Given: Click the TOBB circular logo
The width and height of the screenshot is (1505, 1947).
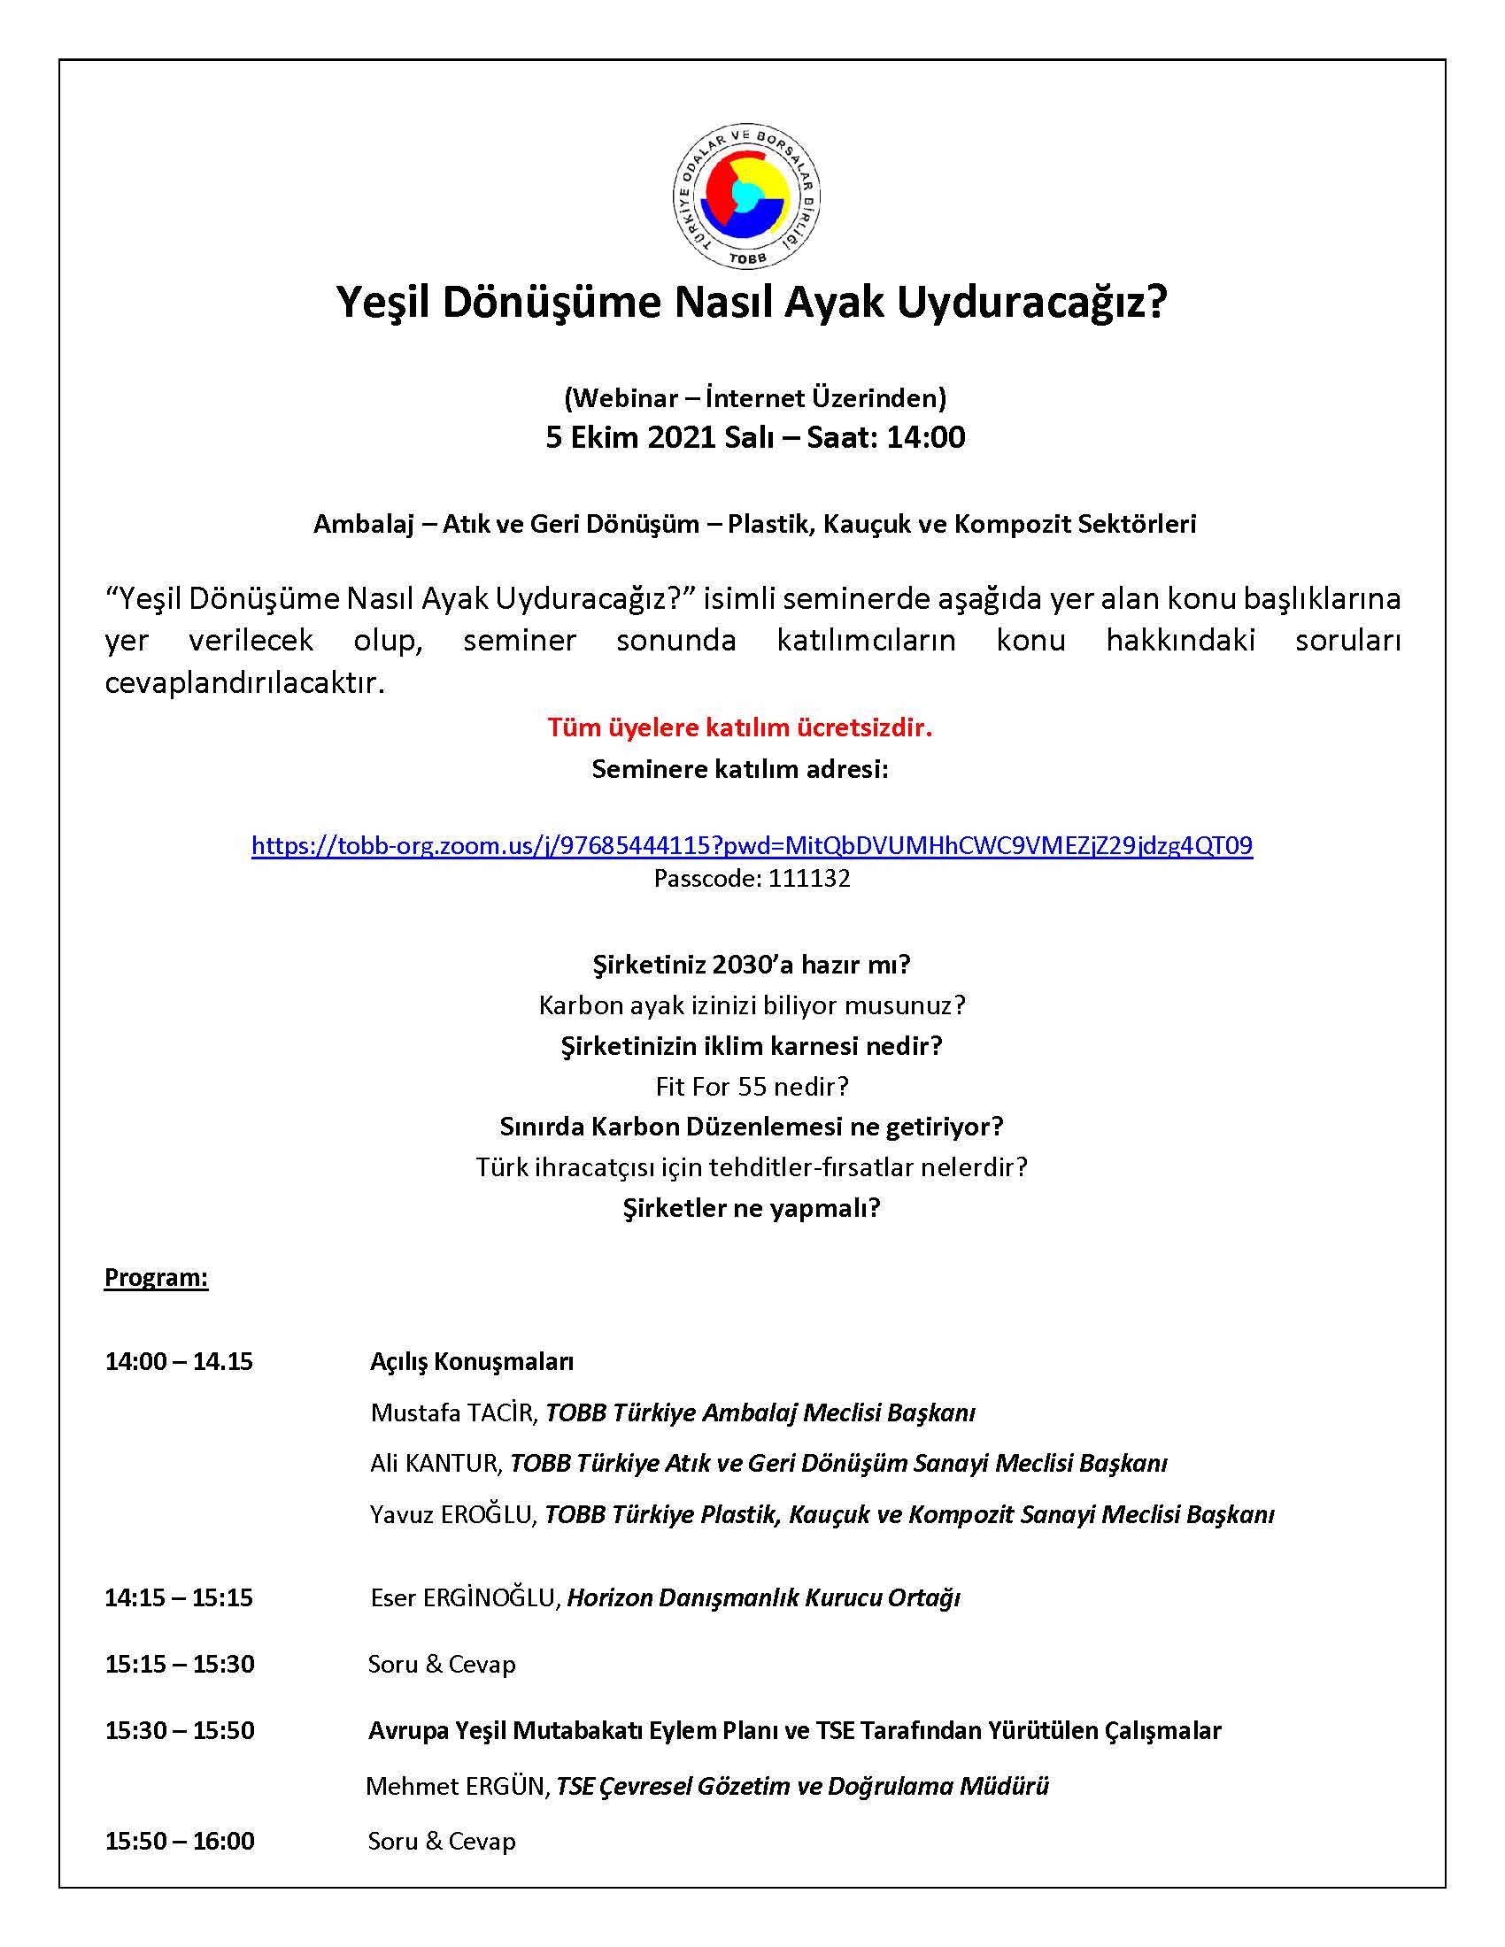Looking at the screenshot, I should click(746, 196).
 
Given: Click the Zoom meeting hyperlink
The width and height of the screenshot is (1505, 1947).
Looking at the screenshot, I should click(752, 845).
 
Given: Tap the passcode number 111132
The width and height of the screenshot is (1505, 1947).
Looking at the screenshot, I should click(808, 879).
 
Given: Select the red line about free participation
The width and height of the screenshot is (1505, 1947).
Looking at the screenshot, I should click(739, 727).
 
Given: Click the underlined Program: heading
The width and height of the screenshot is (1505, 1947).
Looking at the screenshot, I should click(156, 1276).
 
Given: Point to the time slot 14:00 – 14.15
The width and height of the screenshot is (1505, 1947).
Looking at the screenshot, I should click(178, 1361).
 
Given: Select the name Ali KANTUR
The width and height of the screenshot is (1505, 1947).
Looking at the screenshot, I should click(436, 1463).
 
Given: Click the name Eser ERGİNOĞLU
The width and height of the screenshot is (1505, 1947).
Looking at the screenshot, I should click(464, 1597).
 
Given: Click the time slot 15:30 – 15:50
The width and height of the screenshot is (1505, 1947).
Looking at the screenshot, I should click(179, 1730).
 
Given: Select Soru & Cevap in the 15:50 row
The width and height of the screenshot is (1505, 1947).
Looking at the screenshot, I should click(442, 1841).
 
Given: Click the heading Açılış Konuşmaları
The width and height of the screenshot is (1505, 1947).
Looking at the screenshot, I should click(472, 1361).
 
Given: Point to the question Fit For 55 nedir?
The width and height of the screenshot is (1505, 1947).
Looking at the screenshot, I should click(752, 1086).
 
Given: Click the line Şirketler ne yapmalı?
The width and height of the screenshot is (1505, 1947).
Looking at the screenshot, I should click(751, 1208).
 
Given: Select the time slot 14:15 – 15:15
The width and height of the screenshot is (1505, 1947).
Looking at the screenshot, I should click(178, 1597).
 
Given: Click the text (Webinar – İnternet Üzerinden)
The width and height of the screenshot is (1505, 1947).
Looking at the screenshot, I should click(754, 397).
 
